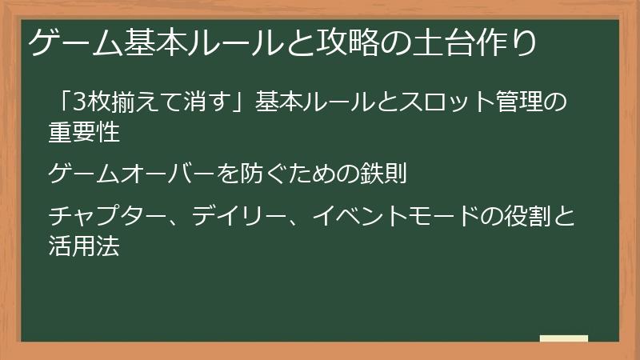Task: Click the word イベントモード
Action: pos(388,216)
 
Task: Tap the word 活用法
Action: pos(84,246)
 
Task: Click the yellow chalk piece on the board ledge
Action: pos(563,339)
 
